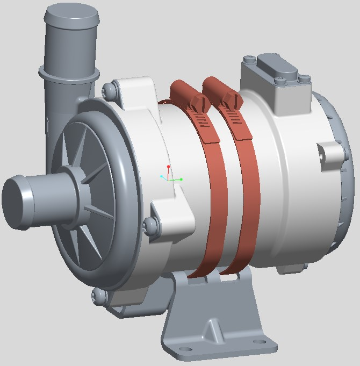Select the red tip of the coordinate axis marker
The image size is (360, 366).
click(168, 167)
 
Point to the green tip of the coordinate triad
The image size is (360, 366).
click(181, 179)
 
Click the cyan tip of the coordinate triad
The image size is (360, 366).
click(161, 176)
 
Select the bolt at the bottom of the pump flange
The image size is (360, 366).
click(98, 295)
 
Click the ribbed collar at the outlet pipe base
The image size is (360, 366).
click(69, 74)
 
